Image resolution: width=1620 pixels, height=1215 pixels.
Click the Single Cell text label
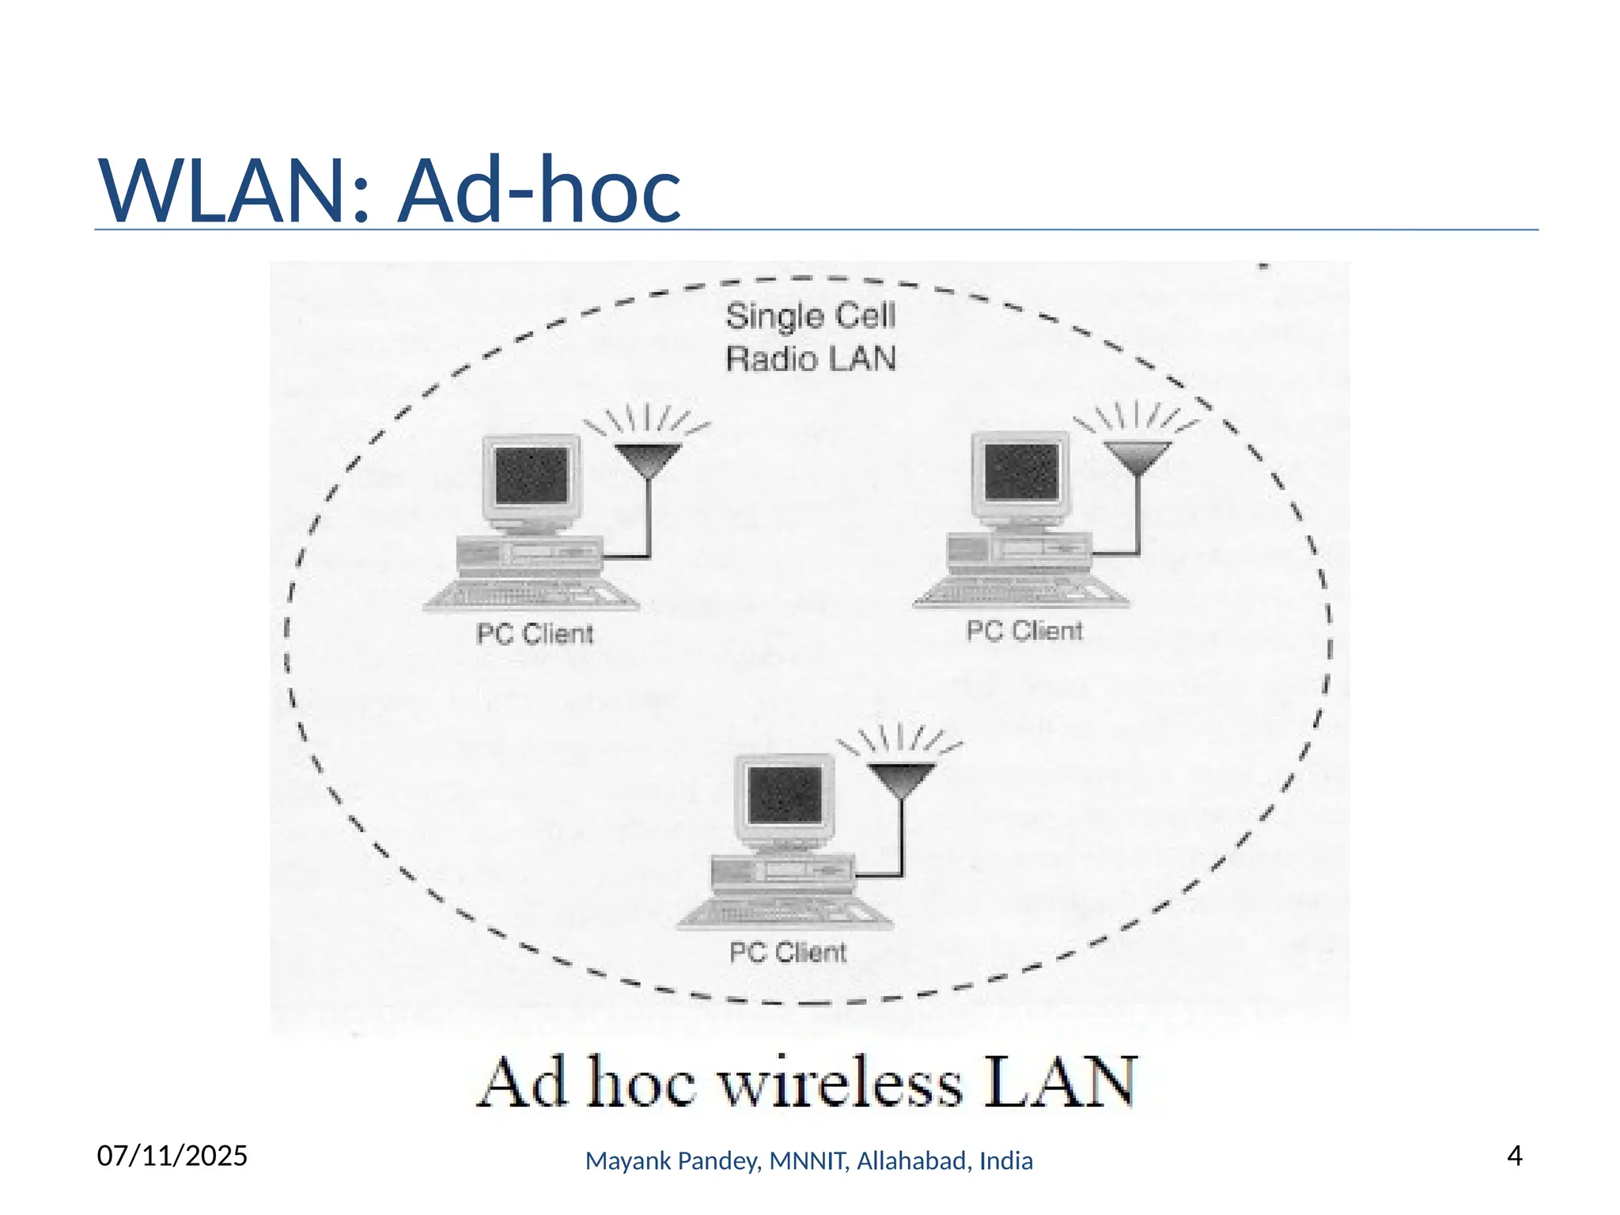coord(810,316)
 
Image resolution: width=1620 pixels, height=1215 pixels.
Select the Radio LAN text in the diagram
coord(810,359)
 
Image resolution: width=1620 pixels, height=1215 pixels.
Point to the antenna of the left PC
coord(648,459)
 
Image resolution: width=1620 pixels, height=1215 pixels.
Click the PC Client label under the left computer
coord(535,634)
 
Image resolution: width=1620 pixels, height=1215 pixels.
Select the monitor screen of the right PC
coord(1021,471)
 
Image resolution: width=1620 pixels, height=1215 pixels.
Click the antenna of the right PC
coord(1137,456)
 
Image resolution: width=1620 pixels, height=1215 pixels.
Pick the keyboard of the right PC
coord(1021,591)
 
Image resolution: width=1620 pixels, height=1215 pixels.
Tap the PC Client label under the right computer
coord(1024,630)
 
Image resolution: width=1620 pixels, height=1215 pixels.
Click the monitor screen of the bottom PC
coord(785,793)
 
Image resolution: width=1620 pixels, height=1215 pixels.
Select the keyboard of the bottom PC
coord(785,912)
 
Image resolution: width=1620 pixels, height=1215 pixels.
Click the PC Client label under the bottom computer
coord(788,952)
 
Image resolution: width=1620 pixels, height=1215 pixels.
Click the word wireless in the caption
coord(840,1083)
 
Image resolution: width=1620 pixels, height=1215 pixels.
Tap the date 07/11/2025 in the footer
coord(172,1156)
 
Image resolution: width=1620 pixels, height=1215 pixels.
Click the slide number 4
coord(1514,1156)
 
